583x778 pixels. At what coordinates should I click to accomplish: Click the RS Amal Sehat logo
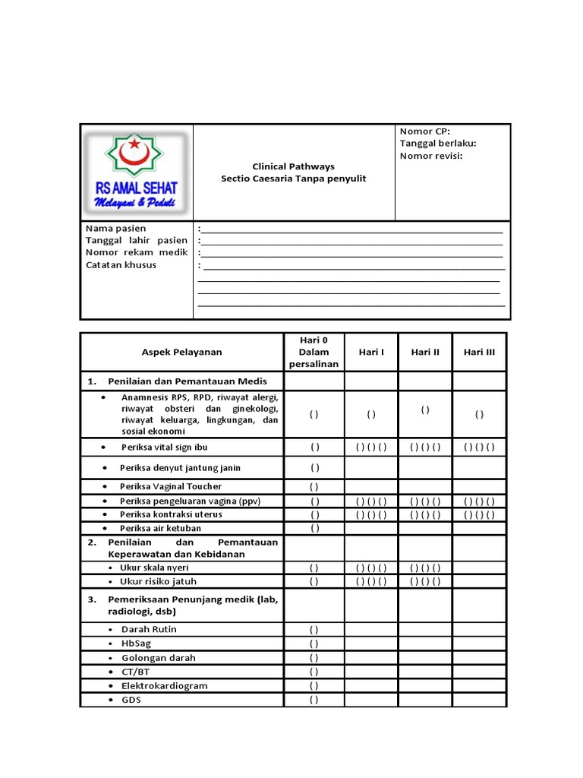coord(136,172)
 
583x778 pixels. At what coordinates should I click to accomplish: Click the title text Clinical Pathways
coord(293,166)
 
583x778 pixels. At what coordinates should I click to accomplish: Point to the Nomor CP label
coord(424,131)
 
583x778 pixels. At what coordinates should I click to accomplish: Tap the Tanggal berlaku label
coord(438,144)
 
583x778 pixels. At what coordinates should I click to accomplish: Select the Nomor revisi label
coord(431,156)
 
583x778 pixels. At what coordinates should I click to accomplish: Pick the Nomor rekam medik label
coord(137,252)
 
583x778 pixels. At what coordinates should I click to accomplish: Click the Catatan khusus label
coord(121,264)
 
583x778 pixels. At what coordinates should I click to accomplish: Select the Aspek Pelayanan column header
coord(182,352)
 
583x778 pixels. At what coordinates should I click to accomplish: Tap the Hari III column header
coord(479,352)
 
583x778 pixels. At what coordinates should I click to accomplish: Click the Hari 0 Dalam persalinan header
coord(314,352)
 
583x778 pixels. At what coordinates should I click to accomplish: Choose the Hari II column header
coord(425,352)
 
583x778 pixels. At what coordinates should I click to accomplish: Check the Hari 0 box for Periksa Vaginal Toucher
coord(314,487)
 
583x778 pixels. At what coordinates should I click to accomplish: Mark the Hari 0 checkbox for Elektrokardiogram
coord(314,686)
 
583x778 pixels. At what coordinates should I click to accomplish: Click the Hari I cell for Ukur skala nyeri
coord(371,568)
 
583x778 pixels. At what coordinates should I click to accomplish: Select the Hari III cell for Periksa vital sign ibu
coord(479,447)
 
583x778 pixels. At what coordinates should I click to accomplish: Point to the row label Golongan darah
coord(158,658)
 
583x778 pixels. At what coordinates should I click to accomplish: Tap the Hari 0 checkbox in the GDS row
coord(314,701)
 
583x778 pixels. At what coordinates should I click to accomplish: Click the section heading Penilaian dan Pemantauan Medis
coord(187,381)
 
